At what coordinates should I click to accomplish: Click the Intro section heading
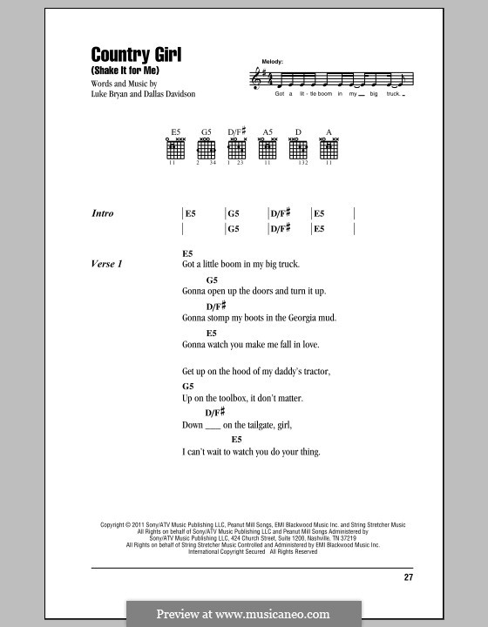[103, 213]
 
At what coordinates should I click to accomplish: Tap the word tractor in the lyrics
[315, 372]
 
